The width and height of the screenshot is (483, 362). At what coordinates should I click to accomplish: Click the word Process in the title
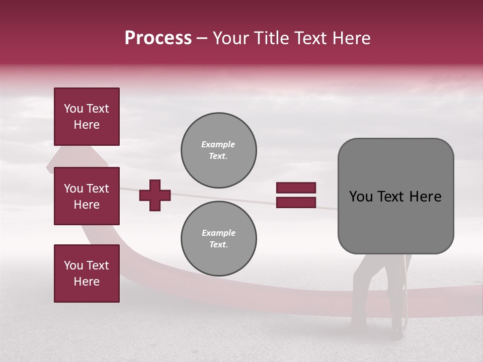tap(158, 38)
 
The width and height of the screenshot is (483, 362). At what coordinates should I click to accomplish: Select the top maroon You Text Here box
tap(87, 117)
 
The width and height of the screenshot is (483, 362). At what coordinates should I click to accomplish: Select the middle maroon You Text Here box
tap(87, 196)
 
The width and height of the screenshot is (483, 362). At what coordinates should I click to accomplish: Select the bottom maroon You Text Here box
tap(87, 273)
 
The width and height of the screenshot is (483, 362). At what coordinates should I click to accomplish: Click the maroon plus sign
tap(155, 196)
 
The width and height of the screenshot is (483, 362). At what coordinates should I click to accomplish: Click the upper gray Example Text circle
tap(219, 150)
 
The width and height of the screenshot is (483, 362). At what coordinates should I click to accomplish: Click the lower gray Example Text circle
tap(219, 238)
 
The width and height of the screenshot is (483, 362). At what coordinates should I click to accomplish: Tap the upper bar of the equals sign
tap(296, 188)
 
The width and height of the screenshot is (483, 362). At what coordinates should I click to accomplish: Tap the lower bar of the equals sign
tap(296, 203)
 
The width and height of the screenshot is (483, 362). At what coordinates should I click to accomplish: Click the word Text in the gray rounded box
tap(390, 197)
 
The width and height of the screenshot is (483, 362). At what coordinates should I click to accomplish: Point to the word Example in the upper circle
tap(218, 144)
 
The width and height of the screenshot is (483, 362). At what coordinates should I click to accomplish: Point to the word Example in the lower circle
tap(218, 233)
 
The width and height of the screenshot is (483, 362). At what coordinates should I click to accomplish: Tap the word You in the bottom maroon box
tap(73, 265)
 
